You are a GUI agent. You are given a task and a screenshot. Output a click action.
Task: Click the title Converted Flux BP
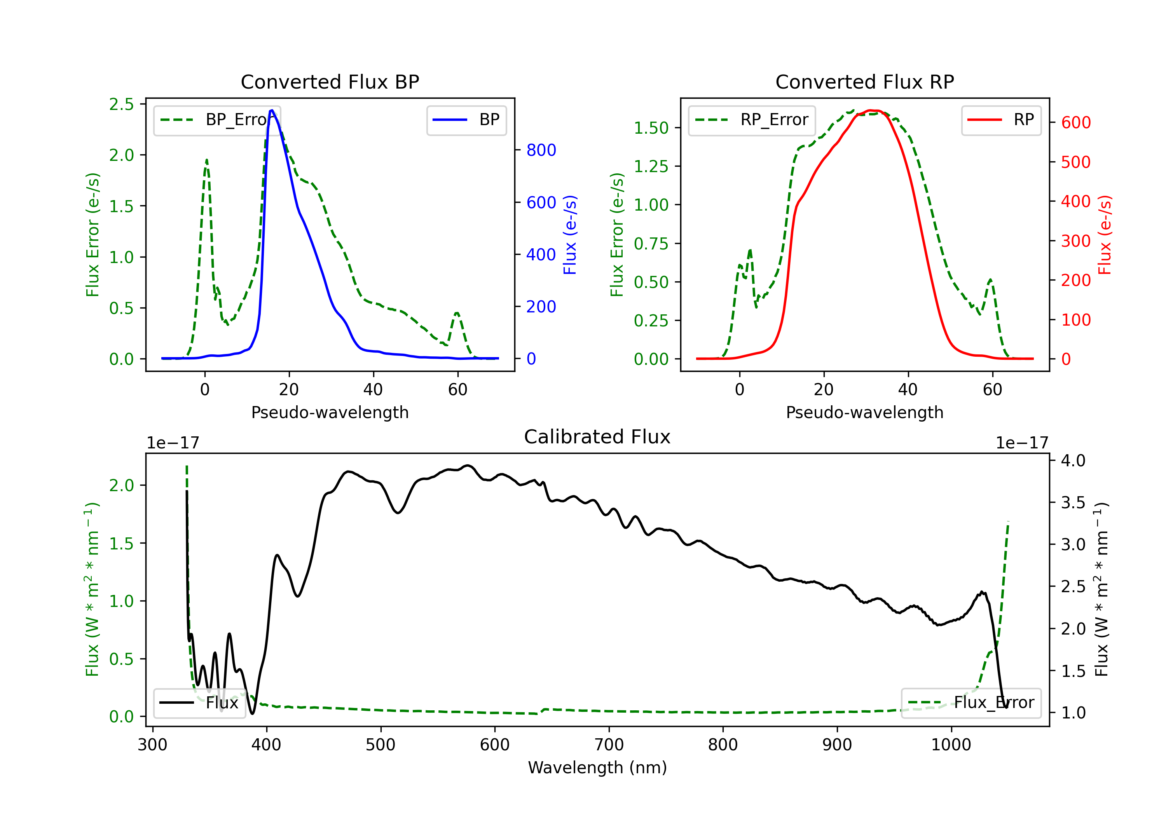pyautogui.click(x=330, y=82)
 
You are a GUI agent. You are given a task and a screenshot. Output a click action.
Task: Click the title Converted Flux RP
pyautogui.click(x=865, y=82)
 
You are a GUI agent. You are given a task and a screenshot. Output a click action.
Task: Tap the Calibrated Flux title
pyautogui.click(x=597, y=437)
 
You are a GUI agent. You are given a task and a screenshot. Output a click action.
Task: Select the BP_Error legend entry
pyautogui.click(x=217, y=120)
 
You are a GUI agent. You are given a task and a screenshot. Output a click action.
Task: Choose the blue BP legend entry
pyautogui.click(x=466, y=120)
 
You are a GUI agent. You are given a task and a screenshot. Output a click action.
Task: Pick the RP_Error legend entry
pyautogui.click(x=752, y=120)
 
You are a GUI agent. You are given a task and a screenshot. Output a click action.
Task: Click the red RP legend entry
pyautogui.click(x=1001, y=120)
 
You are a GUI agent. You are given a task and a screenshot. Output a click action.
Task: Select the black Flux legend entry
pyautogui.click(x=199, y=703)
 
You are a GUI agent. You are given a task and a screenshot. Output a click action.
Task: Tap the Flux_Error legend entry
pyautogui.click(x=971, y=703)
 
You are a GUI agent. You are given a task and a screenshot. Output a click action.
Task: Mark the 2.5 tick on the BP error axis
pyautogui.click(x=121, y=104)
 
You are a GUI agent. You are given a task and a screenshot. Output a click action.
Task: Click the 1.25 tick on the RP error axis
pyautogui.click(x=651, y=166)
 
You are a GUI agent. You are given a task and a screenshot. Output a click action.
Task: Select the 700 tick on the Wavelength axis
pyautogui.click(x=609, y=745)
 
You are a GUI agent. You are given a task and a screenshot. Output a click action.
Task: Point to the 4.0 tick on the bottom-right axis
pyautogui.click(x=1073, y=460)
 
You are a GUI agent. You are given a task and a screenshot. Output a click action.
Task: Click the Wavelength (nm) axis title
pyautogui.click(x=598, y=767)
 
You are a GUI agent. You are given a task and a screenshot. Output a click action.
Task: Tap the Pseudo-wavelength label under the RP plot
pyautogui.click(x=865, y=412)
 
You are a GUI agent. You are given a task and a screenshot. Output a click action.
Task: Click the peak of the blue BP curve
pyautogui.click(x=272, y=110)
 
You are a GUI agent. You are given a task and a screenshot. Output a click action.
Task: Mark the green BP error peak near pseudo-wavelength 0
pyautogui.click(x=206, y=160)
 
